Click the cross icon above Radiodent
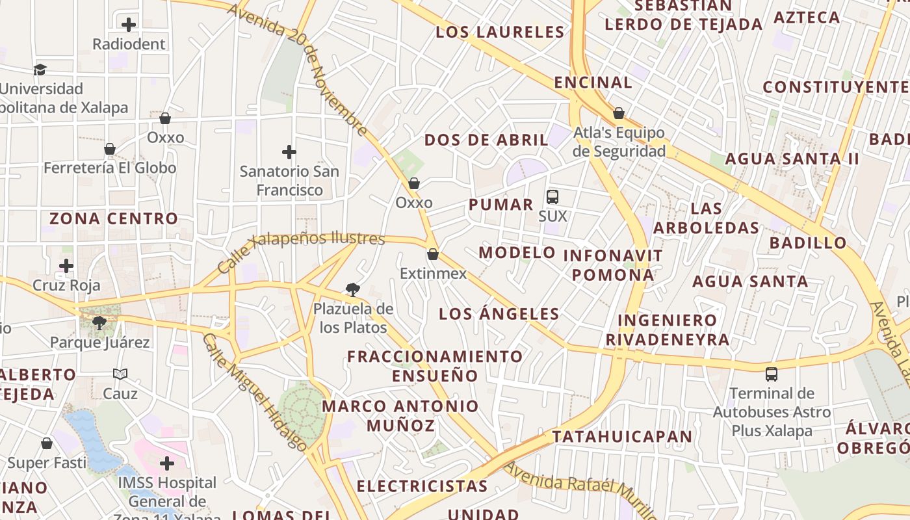click(x=129, y=25)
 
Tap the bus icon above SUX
click(x=552, y=196)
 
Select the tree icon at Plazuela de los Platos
click(x=353, y=289)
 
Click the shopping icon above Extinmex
click(x=433, y=254)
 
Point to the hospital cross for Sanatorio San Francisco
click(x=289, y=152)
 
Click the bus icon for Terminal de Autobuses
click(x=772, y=374)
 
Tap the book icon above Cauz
click(x=120, y=374)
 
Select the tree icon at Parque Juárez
click(x=99, y=322)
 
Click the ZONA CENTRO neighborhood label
click(x=114, y=218)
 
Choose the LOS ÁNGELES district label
click(x=499, y=314)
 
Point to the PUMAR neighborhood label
click(x=501, y=205)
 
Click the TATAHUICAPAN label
click(x=622, y=436)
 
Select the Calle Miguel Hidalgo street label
click(x=254, y=393)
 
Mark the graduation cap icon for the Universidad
click(x=40, y=70)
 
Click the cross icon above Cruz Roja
click(x=66, y=266)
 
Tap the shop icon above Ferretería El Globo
click(x=110, y=149)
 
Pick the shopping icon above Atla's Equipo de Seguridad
click(x=619, y=114)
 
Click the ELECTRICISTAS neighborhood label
click(x=422, y=486)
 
